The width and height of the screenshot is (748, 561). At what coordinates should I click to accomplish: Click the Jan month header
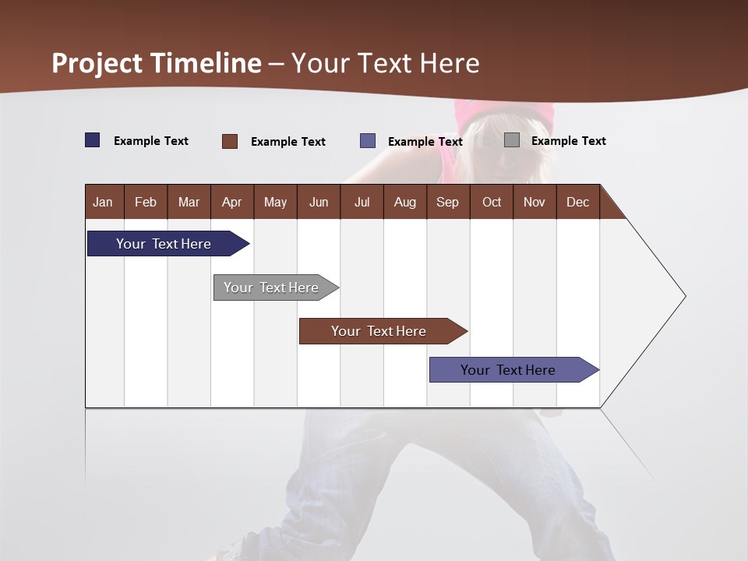[x=104, y=202]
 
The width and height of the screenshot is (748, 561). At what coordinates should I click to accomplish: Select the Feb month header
[x=146, y=202]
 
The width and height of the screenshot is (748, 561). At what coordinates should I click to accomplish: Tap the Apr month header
[x=232, y=202]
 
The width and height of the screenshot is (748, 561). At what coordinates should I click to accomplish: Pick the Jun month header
[x=319, y=202]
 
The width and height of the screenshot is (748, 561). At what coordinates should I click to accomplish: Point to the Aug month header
[x=405, y=202]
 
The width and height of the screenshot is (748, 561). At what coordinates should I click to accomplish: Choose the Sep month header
[x=448, y=202]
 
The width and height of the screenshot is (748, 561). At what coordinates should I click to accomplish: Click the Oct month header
[x=492, y=202]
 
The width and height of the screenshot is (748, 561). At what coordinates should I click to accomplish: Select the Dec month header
[x=578, y=202]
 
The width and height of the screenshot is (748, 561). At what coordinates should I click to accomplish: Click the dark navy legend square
[x=93, y=140]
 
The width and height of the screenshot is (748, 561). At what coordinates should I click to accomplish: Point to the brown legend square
[x=230, y=141]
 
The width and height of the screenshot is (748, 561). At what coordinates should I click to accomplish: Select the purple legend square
[x=368, y=141]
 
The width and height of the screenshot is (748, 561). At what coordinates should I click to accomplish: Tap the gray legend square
[x=512, y=140]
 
